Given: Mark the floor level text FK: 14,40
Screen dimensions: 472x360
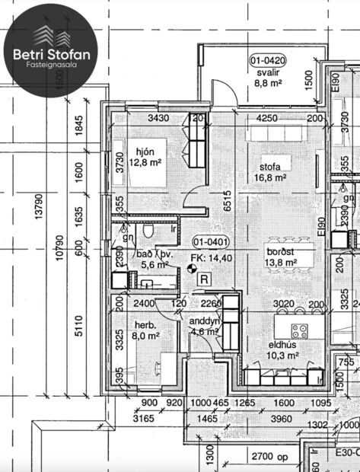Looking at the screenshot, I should tap(213, 259).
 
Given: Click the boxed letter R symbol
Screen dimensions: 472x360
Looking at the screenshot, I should tap(204, 279).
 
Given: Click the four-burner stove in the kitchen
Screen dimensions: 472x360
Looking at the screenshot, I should tap(300, 331).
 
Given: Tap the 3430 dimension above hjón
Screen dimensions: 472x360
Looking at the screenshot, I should tap(158, 118).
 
